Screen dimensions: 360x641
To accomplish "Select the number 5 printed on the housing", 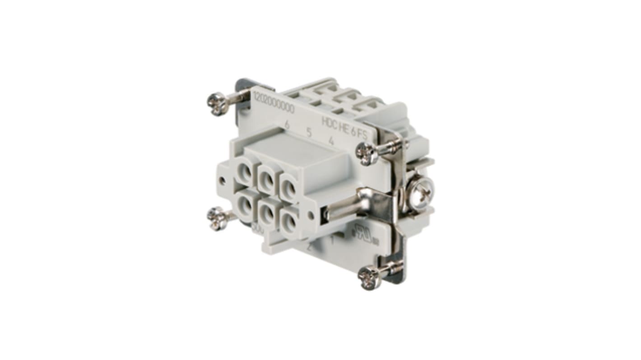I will (x=309, y=133).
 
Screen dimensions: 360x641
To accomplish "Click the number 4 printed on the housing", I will (x=331, y=140).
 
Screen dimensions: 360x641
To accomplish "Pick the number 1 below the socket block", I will (x=333, y=240).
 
